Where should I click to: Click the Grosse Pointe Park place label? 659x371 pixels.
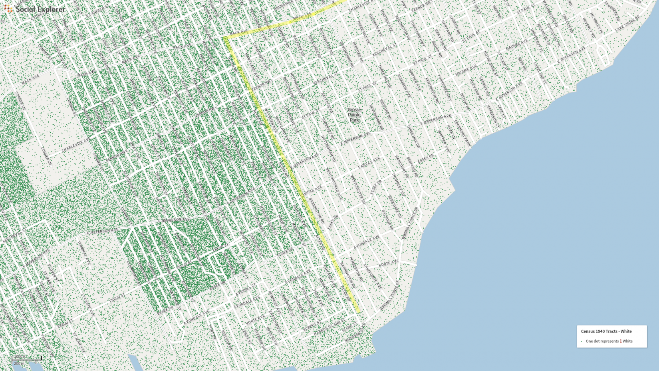click(x=354, y=115)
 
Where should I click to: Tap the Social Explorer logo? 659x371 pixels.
click(x=35, y=9)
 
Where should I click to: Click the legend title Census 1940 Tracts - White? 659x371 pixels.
click(x=606, y=331)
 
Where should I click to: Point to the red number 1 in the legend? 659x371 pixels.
click(x=620, y=341)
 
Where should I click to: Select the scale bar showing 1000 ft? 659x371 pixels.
click(x=26, y=359)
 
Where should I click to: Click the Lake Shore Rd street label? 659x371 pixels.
click(x=627, y=24)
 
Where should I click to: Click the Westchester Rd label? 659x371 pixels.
click(x=358, y=187)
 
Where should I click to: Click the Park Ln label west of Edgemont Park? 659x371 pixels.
click(x=451, y=132)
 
